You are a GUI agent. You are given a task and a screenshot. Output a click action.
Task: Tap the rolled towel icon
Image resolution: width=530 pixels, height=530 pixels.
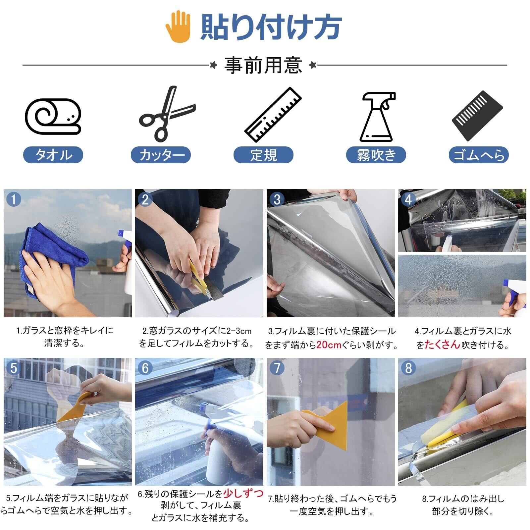pos(53,116)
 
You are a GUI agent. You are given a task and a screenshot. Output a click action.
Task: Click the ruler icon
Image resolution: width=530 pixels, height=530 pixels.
pos(273,115)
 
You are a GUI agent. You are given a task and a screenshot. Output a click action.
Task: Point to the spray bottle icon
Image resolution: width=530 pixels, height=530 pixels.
pos(378,117)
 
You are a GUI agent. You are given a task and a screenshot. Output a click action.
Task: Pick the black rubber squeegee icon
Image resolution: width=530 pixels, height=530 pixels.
pos(477,116)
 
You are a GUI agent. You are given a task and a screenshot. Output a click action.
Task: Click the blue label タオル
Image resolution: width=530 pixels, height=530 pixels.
pos(53,155)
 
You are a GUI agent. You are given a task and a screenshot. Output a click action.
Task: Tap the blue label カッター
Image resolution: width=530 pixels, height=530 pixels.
pos(161,155)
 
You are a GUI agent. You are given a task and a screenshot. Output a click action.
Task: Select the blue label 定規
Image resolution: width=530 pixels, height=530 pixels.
pos(263,155)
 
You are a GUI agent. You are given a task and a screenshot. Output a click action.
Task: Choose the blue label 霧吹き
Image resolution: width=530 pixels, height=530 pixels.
pos(376,155)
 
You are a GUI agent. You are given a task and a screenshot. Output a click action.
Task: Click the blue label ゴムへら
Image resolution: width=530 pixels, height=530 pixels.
pos(479,155)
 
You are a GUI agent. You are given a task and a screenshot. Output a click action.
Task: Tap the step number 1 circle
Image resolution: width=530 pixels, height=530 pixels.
pos(14,199)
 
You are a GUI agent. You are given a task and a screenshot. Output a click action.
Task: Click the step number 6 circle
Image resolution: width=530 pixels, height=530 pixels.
pos(145,368)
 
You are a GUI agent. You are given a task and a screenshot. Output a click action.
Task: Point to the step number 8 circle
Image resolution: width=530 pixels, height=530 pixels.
pos(408,368)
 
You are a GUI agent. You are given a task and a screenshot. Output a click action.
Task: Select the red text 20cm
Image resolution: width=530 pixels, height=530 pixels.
pos(329,345)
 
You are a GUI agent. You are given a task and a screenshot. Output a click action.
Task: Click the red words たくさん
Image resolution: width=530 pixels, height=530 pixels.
pos(443,345)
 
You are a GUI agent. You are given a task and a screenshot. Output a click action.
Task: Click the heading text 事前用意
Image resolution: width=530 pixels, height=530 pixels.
pos(263,65)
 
